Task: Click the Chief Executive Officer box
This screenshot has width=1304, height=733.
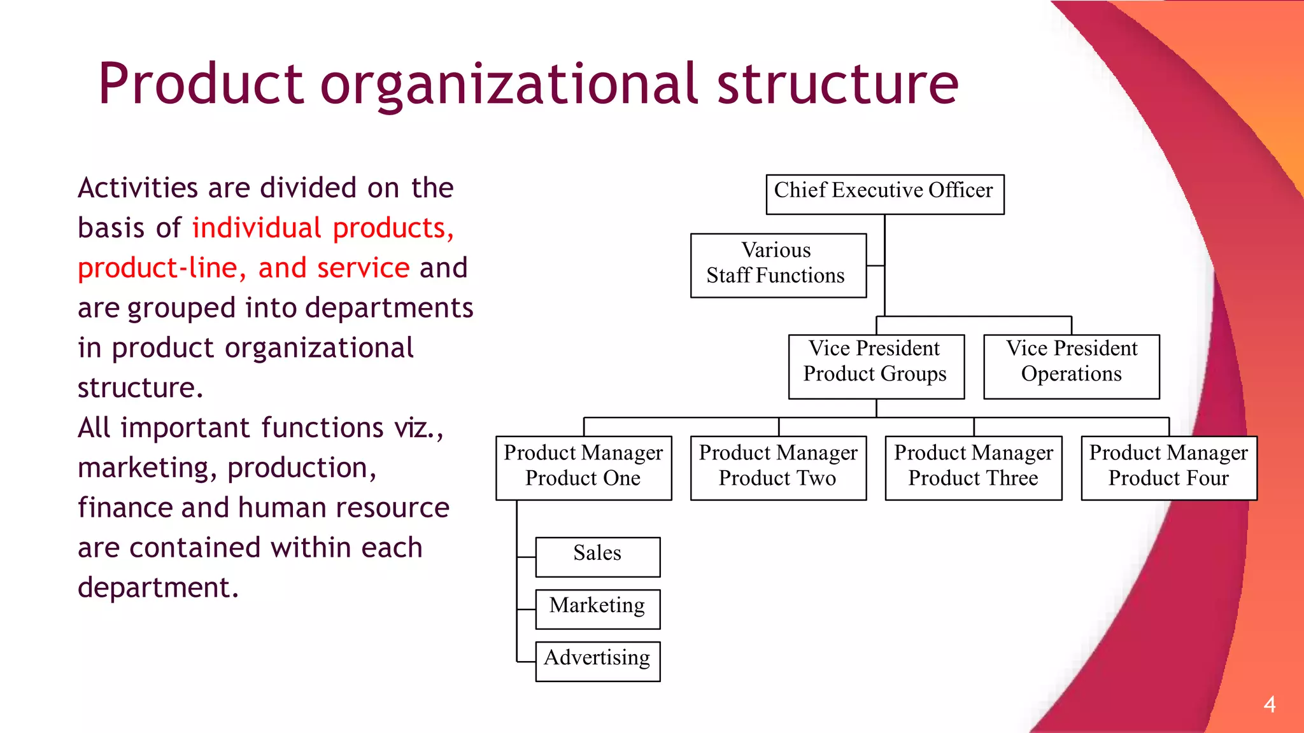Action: (x=884, y=194)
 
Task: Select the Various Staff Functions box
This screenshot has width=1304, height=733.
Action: (x=778, y=265)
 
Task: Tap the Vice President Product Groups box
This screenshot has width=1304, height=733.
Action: (x=876, y=366)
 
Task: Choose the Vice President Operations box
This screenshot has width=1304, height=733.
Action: (x=1072, y=366)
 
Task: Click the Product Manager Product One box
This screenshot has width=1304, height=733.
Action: (x=584, y=468)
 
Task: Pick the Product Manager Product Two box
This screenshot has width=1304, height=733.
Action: (x=778, y=468)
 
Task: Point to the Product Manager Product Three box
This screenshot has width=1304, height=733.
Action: (x=974, y=468)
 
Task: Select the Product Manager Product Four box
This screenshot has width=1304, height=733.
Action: (x=1169, y=468)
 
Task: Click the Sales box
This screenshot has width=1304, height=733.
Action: (x=598, y=557)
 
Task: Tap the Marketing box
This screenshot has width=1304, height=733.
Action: (x=598, y=609)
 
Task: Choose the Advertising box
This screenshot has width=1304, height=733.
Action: (x=598, y=661)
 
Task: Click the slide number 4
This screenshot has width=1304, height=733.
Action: (x=1270, y=704)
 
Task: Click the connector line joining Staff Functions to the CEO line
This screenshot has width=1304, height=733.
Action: (x=875, y=265)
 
